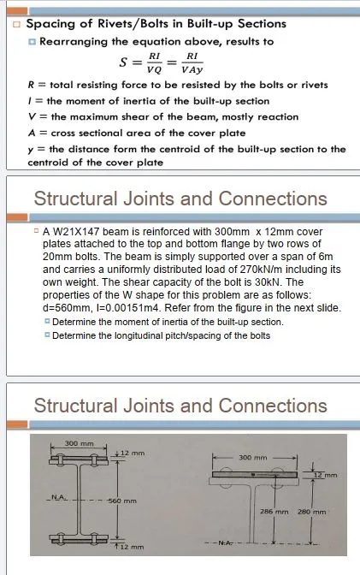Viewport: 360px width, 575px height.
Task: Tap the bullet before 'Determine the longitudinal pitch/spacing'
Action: (x=48, y=335)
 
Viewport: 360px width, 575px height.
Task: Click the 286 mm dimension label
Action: (x=273, y=512)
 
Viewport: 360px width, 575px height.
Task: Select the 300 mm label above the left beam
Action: (x=78, y=444)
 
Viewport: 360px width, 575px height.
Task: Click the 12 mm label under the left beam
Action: (x=132, y=547)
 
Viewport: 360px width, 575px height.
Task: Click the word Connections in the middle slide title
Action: (x=273, y=199)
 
